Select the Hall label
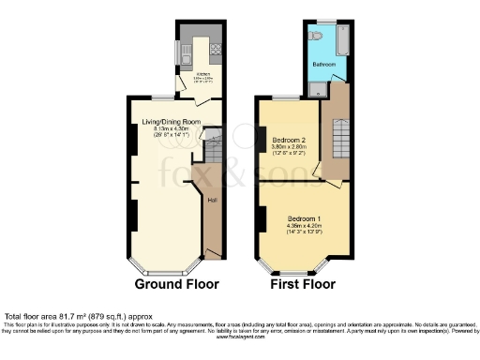coord(213,199)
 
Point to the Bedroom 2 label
coord(291,139)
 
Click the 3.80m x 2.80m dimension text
coord(291,147)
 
